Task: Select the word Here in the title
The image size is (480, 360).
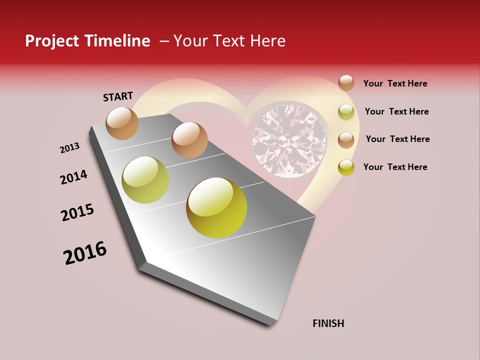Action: [x=267, y=41]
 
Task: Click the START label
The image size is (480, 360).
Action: [x=118, y=96]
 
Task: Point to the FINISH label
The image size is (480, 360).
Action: [x=328, y=323]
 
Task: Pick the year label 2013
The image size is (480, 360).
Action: [x=69, y=148]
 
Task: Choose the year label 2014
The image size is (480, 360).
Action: [x=73, y=177]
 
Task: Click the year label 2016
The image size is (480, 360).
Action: [x=85, y=253]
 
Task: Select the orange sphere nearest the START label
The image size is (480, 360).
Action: [x=122, y=123]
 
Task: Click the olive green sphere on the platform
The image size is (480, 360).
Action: [x=145, y=180]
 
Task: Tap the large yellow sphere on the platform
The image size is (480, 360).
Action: [x=216, y=207]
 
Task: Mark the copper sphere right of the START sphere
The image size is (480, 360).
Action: [x=189, y=140]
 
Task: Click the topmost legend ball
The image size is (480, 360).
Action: [x=346, y=83]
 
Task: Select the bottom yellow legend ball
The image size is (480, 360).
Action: [x=346, y=167]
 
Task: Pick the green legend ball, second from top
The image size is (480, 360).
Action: [x=346, y=112]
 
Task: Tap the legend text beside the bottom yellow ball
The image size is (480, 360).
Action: [x=395, y=167]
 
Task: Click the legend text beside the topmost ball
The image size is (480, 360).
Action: [x=395, y=83]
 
